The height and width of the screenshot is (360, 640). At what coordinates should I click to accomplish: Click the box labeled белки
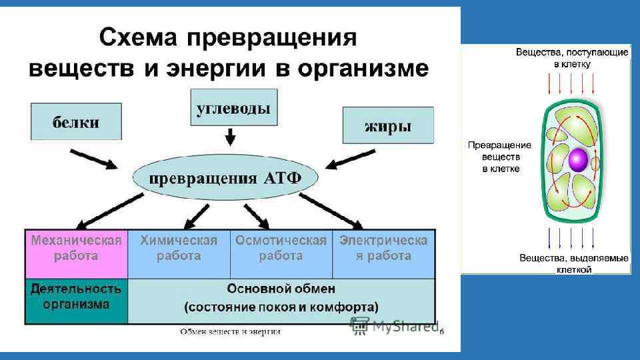click(x=76, y=121)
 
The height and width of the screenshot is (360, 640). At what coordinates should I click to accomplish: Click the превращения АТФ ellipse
click(x=225, y=178)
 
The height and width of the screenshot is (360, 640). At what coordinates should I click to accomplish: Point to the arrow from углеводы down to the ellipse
click(x=231, y=137)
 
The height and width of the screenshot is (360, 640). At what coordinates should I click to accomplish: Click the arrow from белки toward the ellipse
click(x=93, y=160)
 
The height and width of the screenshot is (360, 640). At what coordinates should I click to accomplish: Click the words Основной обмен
click(x=281, y=289)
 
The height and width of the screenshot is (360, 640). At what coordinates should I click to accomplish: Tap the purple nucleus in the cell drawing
click(x=577, y=160)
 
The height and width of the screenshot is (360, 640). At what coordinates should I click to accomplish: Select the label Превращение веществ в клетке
click(x=499, y=157)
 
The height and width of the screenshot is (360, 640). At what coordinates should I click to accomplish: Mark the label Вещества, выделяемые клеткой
click(x=575, y=263)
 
